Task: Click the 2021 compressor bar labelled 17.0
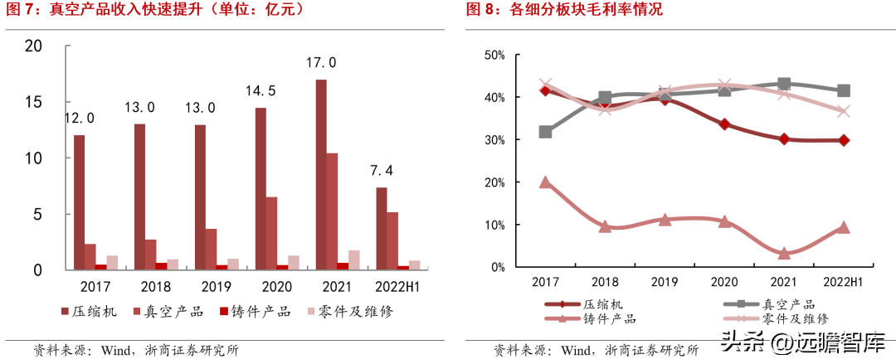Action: click(321, 174)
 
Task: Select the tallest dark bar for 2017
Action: click(79, 202)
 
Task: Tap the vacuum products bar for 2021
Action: click(332, 211)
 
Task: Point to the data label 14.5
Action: click(261, 90)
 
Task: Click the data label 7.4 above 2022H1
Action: click(382, 171)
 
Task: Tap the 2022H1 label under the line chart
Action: click(842, 281)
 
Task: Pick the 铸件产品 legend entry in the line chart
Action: click(590, 318)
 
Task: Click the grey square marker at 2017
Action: click(545, 132)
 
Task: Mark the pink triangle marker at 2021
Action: click(783, 253)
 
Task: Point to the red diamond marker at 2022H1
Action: click(844, 140)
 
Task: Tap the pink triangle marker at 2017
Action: click(545, 182)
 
